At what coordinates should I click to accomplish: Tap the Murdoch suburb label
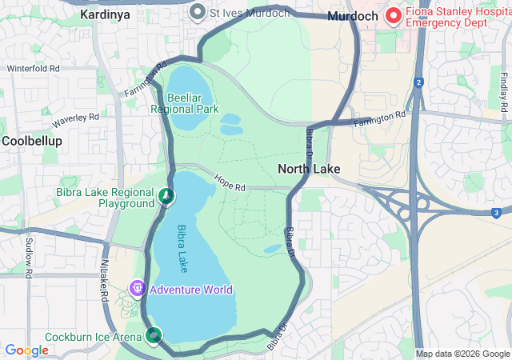tap(353, 15)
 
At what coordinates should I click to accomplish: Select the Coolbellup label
tap(27, 140)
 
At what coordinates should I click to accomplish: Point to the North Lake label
tap(309, 169)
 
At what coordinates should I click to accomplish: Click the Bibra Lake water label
tap(183, 249)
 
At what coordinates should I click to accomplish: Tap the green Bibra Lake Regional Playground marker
tap(166, 194)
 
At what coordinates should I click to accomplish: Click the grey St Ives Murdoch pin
tap(198, 12)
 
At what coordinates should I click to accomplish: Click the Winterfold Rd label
tap(34, 69)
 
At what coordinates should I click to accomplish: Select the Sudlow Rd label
tap(28, 256)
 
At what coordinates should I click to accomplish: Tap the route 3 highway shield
tap(496, 212)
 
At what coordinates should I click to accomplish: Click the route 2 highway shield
tap(418, 82)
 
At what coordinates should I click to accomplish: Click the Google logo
tap(27, 350)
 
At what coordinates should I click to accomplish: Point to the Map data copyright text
tap(462, 354)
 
